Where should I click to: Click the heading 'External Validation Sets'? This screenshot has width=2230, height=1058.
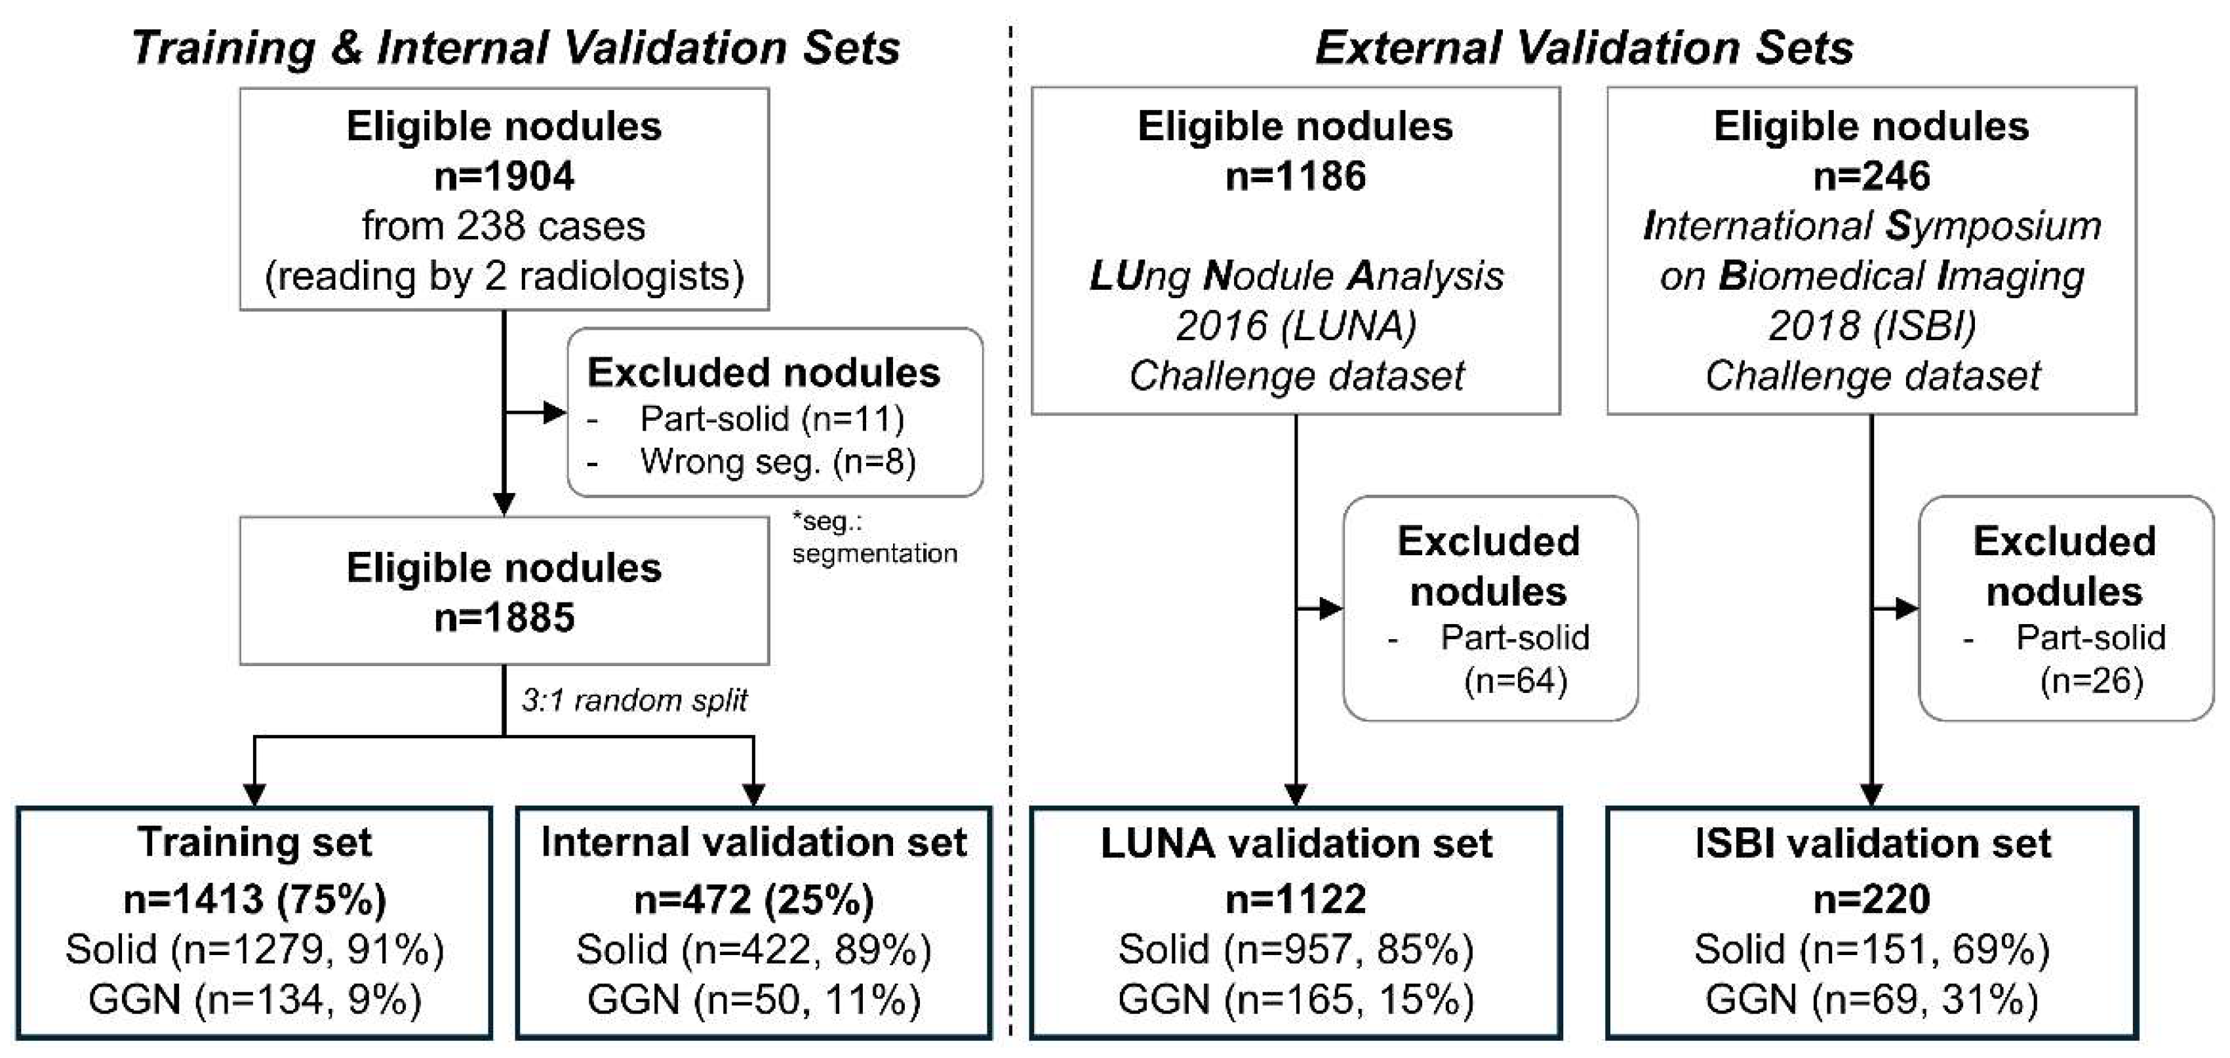tap(1583, 48)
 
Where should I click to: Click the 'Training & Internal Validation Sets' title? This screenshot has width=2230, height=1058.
tap(516, 48)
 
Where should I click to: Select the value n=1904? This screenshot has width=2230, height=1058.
tap(504, 176)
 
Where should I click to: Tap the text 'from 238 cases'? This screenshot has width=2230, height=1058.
tap(504, 227)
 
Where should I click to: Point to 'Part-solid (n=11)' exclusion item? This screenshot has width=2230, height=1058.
tap(771, 419)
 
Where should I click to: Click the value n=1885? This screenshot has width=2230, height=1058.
tap(504, 618)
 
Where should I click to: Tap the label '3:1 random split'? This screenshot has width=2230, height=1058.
tap(633, 699)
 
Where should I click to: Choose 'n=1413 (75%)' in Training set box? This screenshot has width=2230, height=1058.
tap(254, 899)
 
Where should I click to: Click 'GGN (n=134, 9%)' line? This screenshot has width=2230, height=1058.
tap(254, 1000)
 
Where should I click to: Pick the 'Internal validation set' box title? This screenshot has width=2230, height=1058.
tap(753, 843)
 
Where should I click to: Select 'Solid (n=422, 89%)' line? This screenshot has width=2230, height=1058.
tap(753, 950)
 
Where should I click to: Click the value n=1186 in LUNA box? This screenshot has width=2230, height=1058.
tap(1295, 176)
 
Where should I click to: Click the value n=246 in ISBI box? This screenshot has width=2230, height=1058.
tap(1871, 176)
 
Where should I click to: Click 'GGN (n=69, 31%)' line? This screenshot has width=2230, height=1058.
tap(1871, 1000)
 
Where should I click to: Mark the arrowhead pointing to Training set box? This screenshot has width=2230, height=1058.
tap(254, 794)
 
